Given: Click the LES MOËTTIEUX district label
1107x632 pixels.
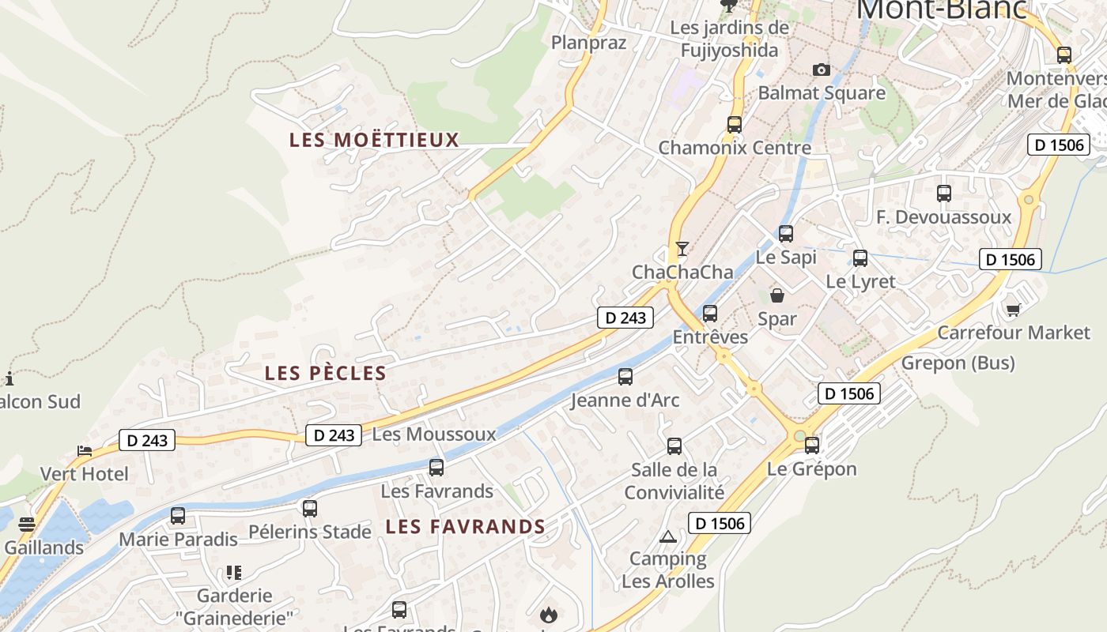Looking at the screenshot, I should pos(374,140).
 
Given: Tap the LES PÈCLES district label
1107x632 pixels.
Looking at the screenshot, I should pos(325,373).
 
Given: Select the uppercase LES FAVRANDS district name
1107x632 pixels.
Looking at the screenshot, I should pos(465,526).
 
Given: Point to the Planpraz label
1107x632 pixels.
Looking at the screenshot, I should pos(588,43).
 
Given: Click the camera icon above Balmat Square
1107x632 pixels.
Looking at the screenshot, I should pos(822,70).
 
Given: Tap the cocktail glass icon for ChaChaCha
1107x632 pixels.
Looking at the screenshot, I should pos(682,249).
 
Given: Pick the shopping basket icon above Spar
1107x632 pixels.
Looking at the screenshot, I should pos(777,295).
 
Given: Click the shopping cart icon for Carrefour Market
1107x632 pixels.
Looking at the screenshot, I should pos(1013,309).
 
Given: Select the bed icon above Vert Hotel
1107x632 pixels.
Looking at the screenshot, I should pos(85,451).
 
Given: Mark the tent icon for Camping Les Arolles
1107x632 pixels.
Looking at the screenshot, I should pos(668,536).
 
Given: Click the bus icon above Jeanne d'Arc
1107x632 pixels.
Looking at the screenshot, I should pos(625,377).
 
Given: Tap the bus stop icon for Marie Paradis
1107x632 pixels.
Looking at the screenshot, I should pos(178,516).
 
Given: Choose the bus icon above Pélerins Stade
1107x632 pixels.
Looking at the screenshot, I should pos(310,508).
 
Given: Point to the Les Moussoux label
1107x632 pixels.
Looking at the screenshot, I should pos(433,434).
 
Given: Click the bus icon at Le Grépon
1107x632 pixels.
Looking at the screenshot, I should pos(812,446).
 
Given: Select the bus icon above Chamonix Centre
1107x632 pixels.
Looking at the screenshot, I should pos(735,124).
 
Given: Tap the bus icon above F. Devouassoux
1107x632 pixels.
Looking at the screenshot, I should pos(943,194).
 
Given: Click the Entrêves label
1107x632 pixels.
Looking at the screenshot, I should pos(710,337).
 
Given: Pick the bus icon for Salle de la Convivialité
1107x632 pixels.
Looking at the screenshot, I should pos(674,446).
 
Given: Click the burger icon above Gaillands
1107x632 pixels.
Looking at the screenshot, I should pos(27,524).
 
